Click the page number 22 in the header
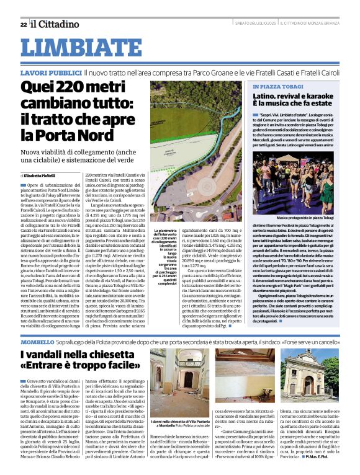[x=23, y=24]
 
